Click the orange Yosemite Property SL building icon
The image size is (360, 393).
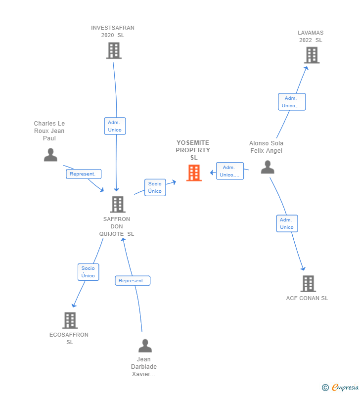coord(194,173)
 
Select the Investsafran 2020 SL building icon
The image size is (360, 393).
coord(114,50)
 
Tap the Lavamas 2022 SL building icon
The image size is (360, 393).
coord(312,55)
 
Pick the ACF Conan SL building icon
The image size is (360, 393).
coord(308,284)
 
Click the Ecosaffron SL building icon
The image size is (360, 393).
coord(70,320)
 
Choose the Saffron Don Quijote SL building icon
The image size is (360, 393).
coord(118,204)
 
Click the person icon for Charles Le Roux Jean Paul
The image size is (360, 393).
coord(50,155)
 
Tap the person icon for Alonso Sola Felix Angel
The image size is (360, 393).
coord(268,167)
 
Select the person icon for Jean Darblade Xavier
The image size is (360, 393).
coord(145,346)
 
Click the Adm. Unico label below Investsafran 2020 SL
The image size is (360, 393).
coord(115,126)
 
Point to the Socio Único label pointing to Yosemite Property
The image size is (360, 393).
coord(155,187)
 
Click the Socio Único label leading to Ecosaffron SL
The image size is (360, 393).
coord(88,272)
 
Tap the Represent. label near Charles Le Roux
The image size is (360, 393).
coord(84,174)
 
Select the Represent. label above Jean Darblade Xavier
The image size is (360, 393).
coord(133,281)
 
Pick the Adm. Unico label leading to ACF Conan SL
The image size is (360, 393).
coord(287,223)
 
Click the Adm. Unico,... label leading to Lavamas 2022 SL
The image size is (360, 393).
coord(292,102)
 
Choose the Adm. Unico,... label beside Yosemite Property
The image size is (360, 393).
coord(230,171)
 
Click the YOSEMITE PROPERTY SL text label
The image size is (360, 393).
coord(193,150)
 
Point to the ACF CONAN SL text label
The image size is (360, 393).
coord(307,298)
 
